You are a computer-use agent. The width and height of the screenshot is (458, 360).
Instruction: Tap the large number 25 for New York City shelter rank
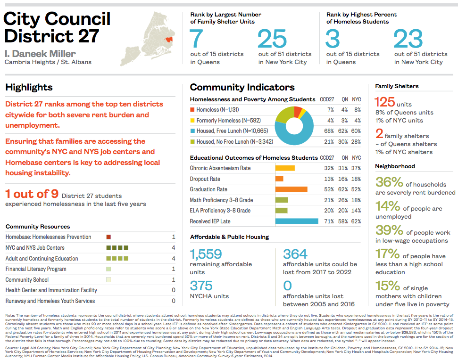tap(272, 39)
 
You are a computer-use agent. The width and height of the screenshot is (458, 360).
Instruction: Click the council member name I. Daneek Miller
tap(40, 53)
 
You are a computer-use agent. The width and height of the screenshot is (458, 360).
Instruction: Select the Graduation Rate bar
tap(291, 189)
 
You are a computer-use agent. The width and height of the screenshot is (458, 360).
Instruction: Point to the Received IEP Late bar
tap(297, 221)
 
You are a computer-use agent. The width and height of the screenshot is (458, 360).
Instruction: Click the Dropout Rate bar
tap(279, 179)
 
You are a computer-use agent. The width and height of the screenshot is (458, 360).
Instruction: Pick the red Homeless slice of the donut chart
tap(298, 112)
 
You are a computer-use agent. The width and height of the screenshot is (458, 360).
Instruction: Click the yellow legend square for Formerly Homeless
tap(192, 120)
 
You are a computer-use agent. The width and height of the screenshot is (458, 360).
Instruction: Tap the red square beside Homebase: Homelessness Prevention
tap(108, 237)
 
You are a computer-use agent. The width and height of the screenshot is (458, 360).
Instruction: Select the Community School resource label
tap(27, 280)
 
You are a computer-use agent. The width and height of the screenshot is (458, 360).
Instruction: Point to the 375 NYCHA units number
tap(202, 286)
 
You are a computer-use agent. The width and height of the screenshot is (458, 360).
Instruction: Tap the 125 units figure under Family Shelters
tap(384, 102)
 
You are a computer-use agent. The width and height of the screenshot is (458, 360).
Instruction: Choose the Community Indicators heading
tap(242, 87)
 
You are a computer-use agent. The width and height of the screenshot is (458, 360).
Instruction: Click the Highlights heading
tap(29, 87)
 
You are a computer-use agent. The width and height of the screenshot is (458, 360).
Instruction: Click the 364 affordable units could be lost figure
tap(295, 254)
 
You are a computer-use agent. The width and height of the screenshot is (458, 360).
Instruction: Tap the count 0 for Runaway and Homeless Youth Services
tap(174, 301)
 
